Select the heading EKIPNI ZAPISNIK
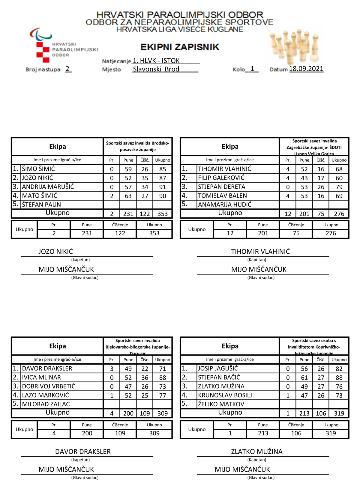pyautogui.click(x=180, y=47)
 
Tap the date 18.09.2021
pyautogui.click(x=306, y=69)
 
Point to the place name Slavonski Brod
pyautogui.click(x=156, y=69)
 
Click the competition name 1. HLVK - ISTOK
pyautogui.click(x=156, y=61)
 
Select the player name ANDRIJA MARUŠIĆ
pyautogui.click(x=48, y=187)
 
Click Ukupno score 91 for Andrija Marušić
pyautogui.click(x=163, y=187)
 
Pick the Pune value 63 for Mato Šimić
pyautogui.click(x=128, y=196)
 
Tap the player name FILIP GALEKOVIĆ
pyautogui.click(x=221, y=178)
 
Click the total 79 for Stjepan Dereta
pyautogui.click(x=339, y=187)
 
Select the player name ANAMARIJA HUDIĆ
pyautogui.click(x=225, y=205)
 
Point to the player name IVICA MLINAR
pyautogui.click(x=41, y=377)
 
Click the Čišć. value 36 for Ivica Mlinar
pyautogui.click(x=145, y=378)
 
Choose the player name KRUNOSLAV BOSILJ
pyautogui.click(x=225, y=395)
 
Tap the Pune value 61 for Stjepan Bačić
pyautogui.click(x=304, y=378)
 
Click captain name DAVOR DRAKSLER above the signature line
pyautogui.click(x=83, y=452)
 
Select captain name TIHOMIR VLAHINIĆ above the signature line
pyautogui.click(x=260, y=252)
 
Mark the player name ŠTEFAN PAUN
pyautogui.click(x=41, y=205)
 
